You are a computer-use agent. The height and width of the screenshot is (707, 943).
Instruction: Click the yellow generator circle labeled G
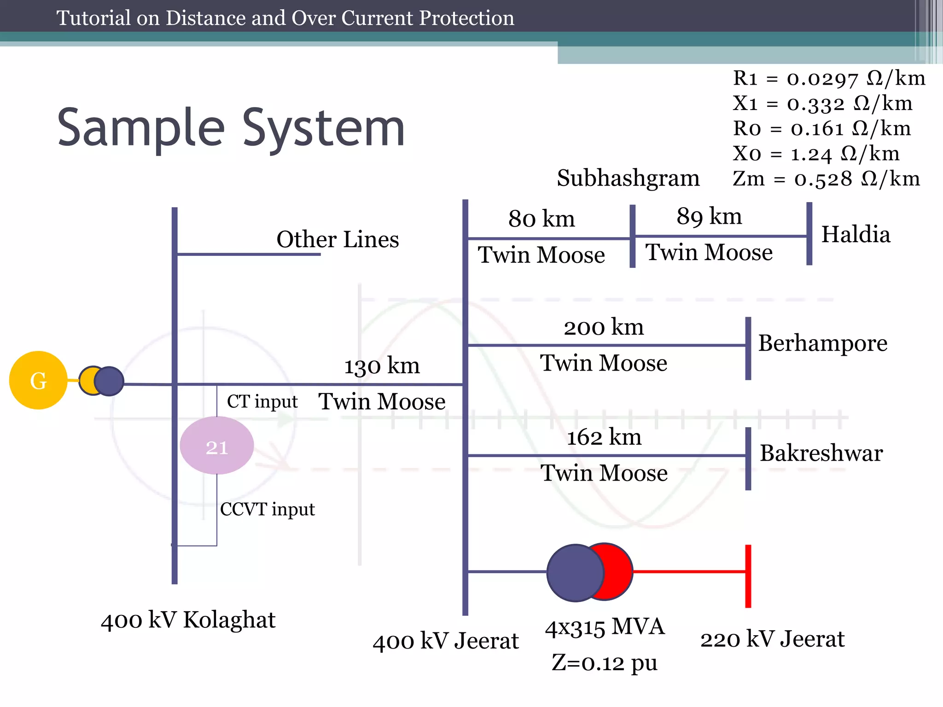38,380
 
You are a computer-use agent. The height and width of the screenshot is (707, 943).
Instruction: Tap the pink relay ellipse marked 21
216,446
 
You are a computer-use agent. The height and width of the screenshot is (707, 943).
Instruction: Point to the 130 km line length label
382,366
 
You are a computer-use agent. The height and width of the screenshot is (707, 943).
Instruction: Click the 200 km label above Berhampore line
604,327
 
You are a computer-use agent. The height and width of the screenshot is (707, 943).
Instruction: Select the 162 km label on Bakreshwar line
604,437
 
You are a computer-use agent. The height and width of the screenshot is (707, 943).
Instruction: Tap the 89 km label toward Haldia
709,216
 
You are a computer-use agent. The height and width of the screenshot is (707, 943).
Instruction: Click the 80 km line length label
541,219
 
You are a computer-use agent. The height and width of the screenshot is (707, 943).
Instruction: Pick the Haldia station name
856,234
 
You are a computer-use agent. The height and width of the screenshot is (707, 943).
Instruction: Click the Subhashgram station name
628,178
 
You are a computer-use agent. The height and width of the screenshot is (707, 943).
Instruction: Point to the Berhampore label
822,343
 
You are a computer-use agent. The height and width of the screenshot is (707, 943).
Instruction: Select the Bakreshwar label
821,453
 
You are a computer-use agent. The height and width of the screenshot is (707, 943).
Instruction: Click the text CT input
262,402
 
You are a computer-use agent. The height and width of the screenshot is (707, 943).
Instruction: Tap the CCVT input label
268,510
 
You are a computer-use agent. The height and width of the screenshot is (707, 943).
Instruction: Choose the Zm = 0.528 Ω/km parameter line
826,179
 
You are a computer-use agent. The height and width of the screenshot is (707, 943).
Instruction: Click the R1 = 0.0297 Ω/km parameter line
829,79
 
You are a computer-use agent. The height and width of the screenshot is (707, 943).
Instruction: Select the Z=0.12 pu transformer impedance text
605,663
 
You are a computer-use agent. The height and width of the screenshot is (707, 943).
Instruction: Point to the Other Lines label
338,240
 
